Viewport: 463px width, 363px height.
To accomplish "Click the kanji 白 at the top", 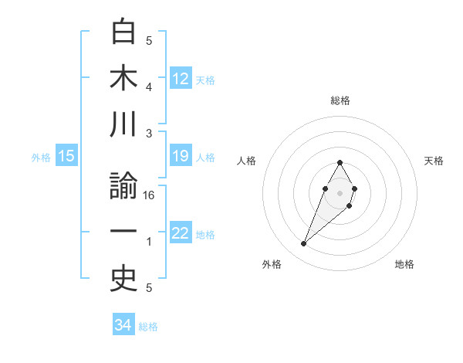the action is [x=123, y=32].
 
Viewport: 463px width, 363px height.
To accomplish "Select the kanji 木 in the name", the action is [x=123, y=78].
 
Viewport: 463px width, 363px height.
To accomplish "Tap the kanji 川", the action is [x=123, y=124].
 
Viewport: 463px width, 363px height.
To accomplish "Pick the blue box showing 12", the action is [x=181, y=78].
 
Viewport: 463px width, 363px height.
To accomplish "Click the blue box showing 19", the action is [x=181, y=157].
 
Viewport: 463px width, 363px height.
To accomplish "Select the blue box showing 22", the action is [x=181, y=233].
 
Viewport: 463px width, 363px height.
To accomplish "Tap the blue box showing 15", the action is [x=66, y=157].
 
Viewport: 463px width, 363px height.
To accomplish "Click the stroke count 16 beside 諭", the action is [x=150, y=196].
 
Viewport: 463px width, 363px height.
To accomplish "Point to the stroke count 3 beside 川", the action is [x=149, y=133].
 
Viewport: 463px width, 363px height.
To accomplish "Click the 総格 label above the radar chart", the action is [x=340, y=100].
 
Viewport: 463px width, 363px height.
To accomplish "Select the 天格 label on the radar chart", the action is [x=434, y=161].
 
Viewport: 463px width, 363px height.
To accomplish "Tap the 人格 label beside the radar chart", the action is [x=246, y=161].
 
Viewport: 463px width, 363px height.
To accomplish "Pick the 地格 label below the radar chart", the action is [x=404, y=264].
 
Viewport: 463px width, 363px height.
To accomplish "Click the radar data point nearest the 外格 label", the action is [x=304, y=243].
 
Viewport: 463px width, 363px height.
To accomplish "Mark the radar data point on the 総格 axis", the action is [x=340, y=162].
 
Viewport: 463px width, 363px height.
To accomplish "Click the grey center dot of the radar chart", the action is [x=340, y=192].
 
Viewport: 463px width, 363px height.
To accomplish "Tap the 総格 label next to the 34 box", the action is [x=148, y=327].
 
